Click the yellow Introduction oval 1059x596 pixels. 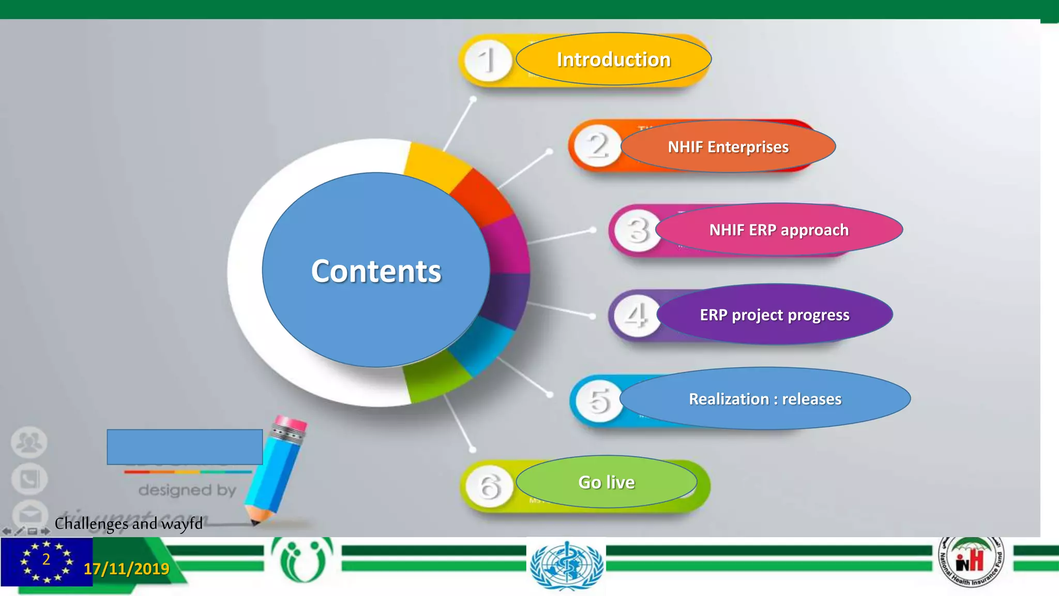(613, 59)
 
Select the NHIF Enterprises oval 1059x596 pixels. (728, 147)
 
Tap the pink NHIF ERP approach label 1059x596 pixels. (779, 230)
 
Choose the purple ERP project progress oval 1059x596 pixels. (775, 315)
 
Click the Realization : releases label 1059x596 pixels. (765, 399)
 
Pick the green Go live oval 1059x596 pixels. (606, 482)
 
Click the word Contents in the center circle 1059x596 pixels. (376, 271)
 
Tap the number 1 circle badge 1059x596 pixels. (488, 61)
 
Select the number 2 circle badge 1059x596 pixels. (598, 145)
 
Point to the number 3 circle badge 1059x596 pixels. (638, 230)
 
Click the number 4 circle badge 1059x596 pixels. (636, 315)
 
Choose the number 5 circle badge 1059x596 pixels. (599, 400)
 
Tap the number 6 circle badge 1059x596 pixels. (489, 486)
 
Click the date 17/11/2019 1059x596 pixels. (127, 569)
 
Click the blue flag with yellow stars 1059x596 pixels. (47, 562)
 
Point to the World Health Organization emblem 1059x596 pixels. (567, 565)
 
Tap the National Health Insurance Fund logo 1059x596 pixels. (971, 561)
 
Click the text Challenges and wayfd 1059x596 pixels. (129, 524)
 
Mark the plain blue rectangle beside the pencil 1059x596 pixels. (185, 447)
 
